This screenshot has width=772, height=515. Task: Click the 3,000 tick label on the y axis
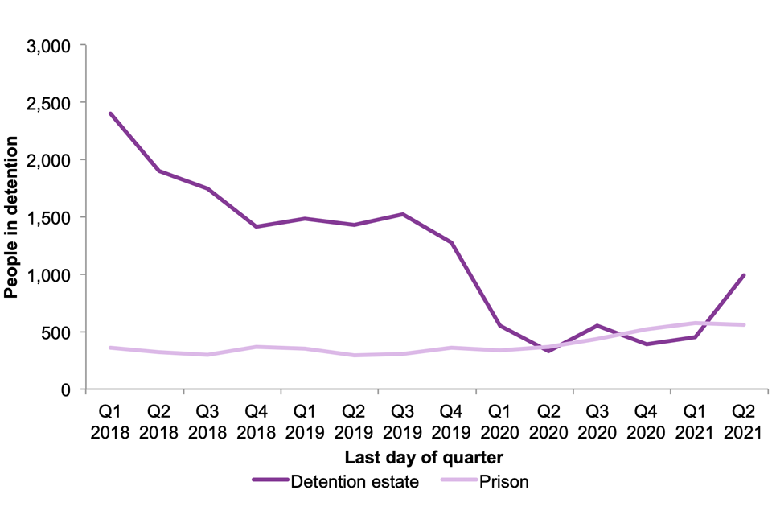(x=50, y=46)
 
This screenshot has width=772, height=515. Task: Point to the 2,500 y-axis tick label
(x=50, y=103)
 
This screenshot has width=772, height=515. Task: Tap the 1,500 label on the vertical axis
(x=50, y=217)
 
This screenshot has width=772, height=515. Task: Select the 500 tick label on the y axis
(x=56, y=332)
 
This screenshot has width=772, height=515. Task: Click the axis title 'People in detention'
(x=11, y=217)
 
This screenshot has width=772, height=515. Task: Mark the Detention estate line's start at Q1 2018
(x=110, y=113)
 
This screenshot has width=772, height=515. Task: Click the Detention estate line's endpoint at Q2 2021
(x=745, y=275)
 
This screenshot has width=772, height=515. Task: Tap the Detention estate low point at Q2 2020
(x=549, y=351)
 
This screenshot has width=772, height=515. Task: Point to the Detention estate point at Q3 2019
(x=403, y=214)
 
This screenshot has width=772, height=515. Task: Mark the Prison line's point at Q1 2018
(x=110, y=348)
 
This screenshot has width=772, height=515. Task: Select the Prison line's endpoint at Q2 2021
(x=745, y=325)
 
